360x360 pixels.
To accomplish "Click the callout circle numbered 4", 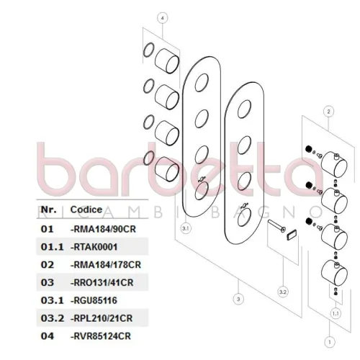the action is click(x=163, y=18).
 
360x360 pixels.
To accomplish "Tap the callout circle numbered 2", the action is click(x=328, y=112).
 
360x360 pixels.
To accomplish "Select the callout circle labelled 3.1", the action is click(x=186, y=228).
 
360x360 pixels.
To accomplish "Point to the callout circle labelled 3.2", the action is click(x=283, y=292).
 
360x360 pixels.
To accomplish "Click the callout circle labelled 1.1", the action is click(x=336, y=313).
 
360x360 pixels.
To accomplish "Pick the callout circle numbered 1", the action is click(x=330, y=342).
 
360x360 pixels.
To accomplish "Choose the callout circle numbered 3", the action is click(x=238, y=299).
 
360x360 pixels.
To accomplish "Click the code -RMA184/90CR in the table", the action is click(x=103, y=229).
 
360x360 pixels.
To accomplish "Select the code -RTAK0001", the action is click(x=94, y=247).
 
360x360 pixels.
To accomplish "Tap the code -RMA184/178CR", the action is click(x=106, y=265).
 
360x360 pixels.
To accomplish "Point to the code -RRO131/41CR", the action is click(x=102, y=282).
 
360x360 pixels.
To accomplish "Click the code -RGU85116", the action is click(x=94, y=300).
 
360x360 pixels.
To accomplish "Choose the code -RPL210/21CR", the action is click(x=102, y=318).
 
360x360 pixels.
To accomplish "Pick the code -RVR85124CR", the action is click(x=101, y=336).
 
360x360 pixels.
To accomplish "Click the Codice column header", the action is click(x=86, y=210).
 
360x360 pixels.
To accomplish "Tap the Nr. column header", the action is click(x=49, y=210).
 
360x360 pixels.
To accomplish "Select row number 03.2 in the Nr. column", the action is click(x=53, y=318).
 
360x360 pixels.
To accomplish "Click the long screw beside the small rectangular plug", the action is click(x=276, y=226).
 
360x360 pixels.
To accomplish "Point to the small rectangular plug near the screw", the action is click(x=292, y=235).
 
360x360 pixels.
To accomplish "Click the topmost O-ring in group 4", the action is click(x=148, y=50).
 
